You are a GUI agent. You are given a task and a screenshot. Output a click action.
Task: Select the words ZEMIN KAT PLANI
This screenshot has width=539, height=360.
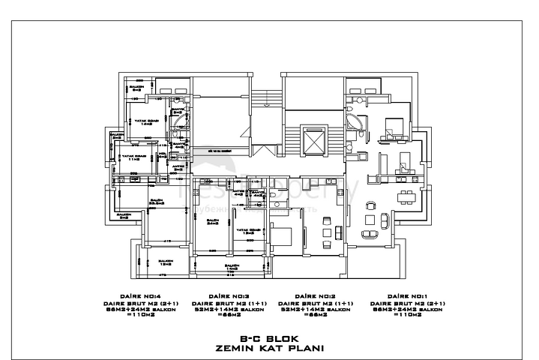(268, 348)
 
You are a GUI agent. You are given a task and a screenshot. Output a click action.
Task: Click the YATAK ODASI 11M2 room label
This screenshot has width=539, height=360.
(133, 157)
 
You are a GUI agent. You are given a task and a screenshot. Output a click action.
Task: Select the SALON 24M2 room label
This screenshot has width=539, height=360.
(212, 222)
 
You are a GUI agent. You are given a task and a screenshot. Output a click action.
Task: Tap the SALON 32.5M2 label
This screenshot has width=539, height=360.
(157, 201)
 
